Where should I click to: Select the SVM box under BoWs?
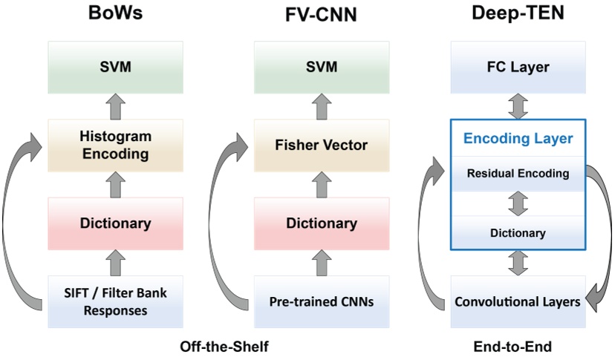(115, 68)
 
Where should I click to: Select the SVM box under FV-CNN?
(320, 68)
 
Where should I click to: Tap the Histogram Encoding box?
(115, 145)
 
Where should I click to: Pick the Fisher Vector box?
(320, 145)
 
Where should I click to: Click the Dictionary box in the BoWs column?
(115, 223)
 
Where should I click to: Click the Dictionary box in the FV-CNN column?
(320, 223)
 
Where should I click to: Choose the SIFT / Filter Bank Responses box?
(115, 301)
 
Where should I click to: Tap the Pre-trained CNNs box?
(320, 301)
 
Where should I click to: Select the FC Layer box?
(518, 68)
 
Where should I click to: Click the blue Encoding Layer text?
(518, 138)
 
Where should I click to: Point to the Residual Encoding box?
(518, 174)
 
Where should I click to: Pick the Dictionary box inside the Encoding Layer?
(518, 233)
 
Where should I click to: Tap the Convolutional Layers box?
(518, 301)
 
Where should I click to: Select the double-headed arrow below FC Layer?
(518, 106)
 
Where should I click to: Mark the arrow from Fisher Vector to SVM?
(320, 106)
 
